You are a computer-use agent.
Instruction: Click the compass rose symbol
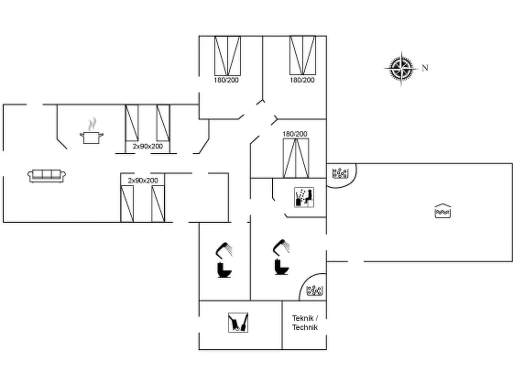[x=401, y=68]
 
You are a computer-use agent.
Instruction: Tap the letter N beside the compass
[x=425, y=68]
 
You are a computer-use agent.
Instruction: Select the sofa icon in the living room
[x=47, y=175]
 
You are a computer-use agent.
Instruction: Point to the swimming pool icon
[x=442, y=211]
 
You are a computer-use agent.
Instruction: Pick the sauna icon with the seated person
[x=304, y=197]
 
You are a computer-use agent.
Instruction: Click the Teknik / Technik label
[x=305, y=323]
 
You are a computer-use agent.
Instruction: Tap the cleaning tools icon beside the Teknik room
[x=238, y=323]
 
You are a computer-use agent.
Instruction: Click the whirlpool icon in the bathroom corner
[x=314, y=290]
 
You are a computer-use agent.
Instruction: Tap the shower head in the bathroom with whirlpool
[x=281, y=247]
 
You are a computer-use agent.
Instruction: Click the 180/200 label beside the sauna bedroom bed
[x=295, y=134]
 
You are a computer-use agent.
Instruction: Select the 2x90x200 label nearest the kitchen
[x=148, y=146]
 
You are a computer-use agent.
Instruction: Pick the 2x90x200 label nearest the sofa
[x=143, y=181]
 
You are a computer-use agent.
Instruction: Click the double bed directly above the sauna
[x=296, y=158]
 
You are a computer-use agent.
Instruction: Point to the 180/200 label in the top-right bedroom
[x=302, y=80]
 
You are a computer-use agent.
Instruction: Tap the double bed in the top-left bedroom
[x=227, y=56]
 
